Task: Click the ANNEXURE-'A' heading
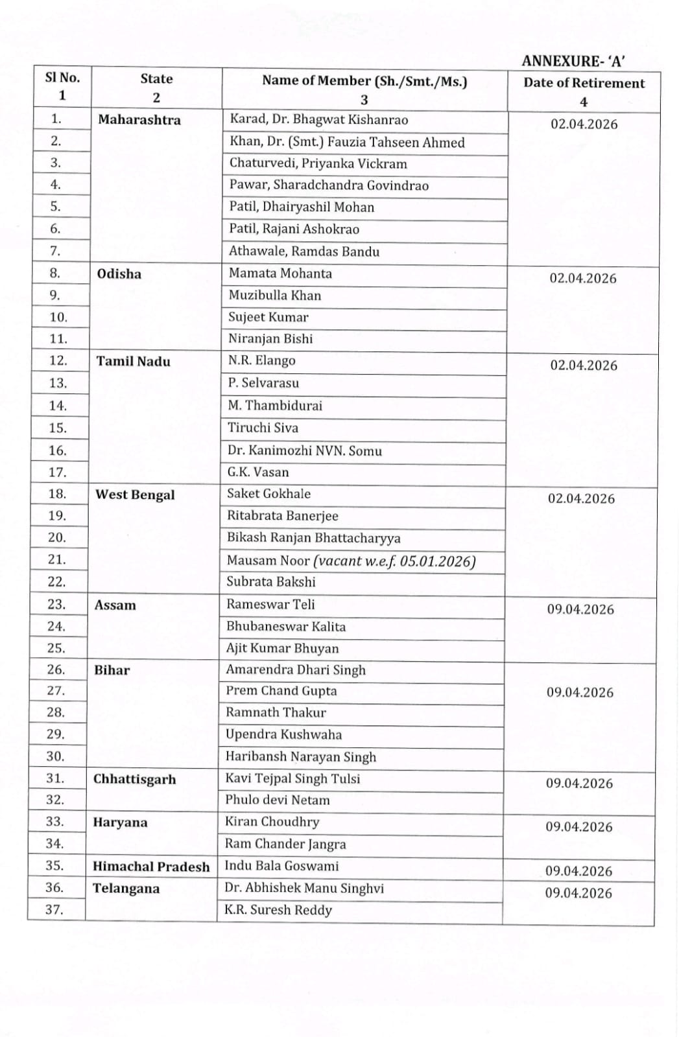[x=573, y=61]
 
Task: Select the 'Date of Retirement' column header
[x=584, y=83]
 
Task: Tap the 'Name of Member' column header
[x=364, y=81]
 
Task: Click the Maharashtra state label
[x=139, y=120]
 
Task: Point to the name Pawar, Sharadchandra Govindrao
[x=329, y=185]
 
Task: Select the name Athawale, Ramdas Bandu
[x=304, y=251]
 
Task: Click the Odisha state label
[x=119, y=274]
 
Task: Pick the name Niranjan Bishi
[x=270, y=338]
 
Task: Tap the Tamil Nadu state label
[x=134, y=361]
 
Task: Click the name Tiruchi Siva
[x=263, y=428]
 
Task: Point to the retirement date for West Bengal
[x=581, y=498]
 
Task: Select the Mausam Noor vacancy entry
[x=351, y=561]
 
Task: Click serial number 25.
[x=56, y=647]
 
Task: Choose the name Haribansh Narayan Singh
[x=301, y=756]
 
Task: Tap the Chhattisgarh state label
[x=134, y=779]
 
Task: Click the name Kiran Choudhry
[x=272, y=822]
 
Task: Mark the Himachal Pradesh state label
[x=151, y=867]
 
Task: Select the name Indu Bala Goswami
[x=281, y=866]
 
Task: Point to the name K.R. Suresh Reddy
[x=278, y=910]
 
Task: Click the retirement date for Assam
[x=580, y=609]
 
